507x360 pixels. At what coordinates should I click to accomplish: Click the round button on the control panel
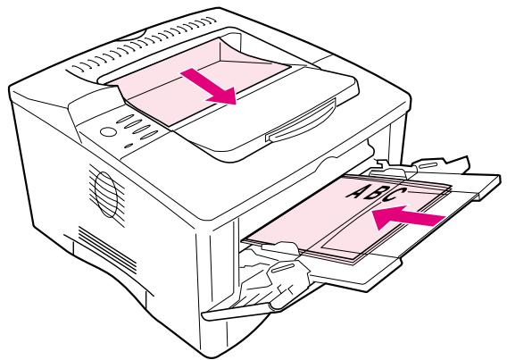110,131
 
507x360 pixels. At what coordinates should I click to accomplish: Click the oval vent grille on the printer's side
104,186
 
